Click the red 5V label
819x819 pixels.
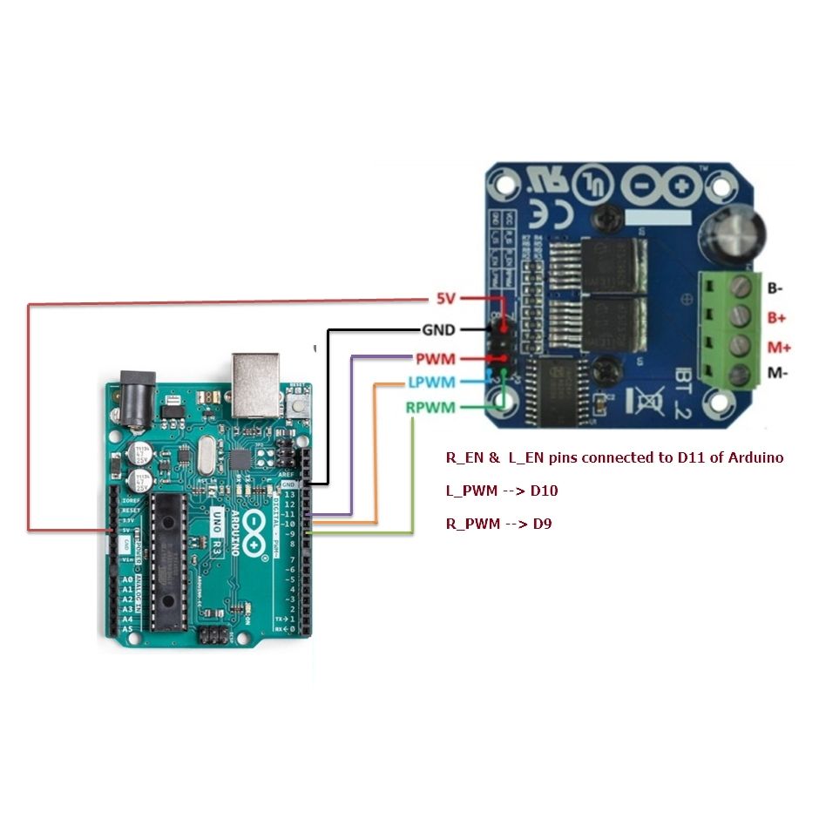pos(445,299)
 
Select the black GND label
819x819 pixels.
pos(439,330)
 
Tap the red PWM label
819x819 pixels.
pos(436,359)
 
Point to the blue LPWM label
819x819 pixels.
pos(430,382)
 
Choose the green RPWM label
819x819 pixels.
pos(430,407)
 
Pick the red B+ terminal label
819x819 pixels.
pos(776,318)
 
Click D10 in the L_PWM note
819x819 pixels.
pos(544,491)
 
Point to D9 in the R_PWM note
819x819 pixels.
pos(541,524)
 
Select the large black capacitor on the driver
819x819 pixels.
pos(739,234)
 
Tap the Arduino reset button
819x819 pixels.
pos(300,403)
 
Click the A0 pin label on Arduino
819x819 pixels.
pos(128,579)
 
